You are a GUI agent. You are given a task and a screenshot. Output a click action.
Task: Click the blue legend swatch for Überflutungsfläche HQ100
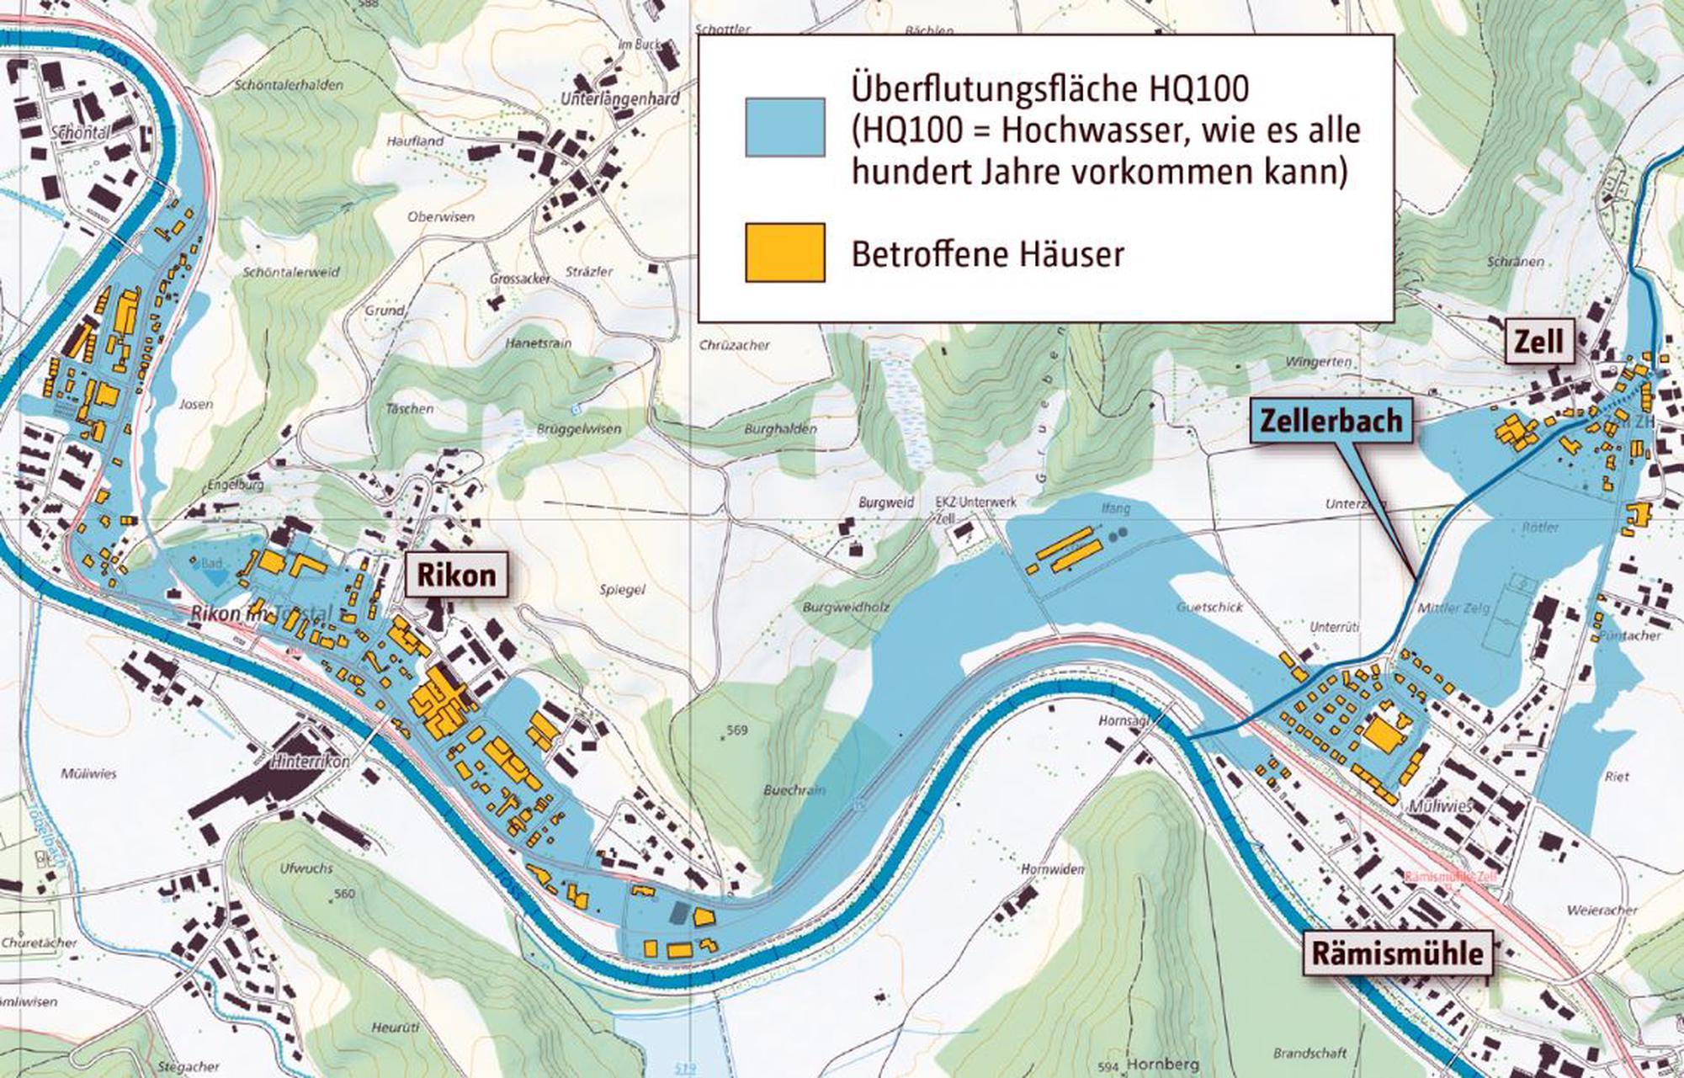click(x=784, y=127)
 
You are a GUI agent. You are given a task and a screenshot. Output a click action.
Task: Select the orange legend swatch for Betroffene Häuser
click(x=784, y=252)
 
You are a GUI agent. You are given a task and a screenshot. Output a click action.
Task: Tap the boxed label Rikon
click(x=457, y=575)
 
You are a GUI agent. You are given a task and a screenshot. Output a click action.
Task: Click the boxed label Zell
click(x=1538, y=341)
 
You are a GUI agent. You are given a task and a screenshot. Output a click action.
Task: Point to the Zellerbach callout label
click(x=1331, y=420)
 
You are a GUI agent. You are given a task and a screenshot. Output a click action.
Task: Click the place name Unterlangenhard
click(x=619, y=99)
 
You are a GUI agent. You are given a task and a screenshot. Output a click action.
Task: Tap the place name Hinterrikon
click(x=310, y=761)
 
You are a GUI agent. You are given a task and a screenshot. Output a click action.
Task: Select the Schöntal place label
click(x=81, y=133)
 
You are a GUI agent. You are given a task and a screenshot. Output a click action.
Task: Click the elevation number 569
click(x=736, y=730)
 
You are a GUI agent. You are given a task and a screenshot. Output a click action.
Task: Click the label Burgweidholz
click(x=846, y=607)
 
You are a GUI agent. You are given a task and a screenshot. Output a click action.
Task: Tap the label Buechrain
click(x=794, y=789)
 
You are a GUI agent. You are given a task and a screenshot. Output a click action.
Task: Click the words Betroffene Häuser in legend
click(x=987, y=253)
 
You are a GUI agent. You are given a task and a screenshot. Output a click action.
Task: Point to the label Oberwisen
click(x=441, y=216)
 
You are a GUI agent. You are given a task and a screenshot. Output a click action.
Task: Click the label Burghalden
click(x=780, y=429)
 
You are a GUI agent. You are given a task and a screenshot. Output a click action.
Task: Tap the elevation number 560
click(x=344, y=894)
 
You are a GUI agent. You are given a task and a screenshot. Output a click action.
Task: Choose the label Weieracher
click(x=1602, y=910)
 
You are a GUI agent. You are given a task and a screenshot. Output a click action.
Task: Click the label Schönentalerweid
click(x=291, y=273)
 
